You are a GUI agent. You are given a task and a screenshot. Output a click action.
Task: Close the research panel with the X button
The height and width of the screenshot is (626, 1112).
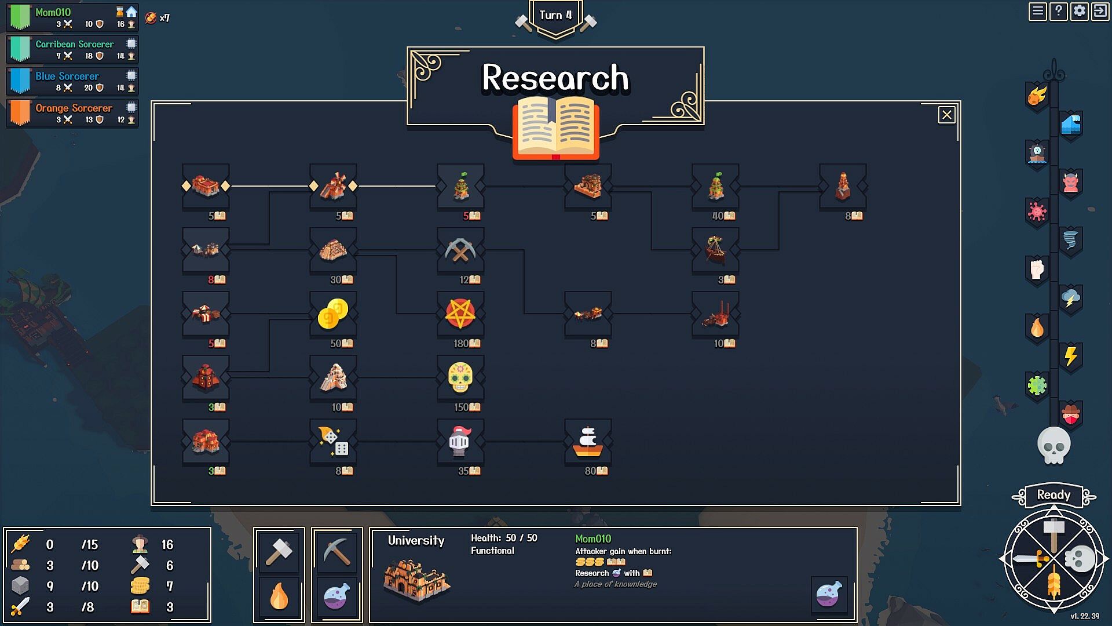coord(947,115)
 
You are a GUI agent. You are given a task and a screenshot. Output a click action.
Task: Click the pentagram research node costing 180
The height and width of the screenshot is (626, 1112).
coord(460,313)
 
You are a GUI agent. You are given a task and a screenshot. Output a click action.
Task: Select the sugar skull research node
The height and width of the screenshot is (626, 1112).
coord(460,377)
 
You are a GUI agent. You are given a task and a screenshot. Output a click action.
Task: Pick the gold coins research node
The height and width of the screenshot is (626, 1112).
coord(333,314)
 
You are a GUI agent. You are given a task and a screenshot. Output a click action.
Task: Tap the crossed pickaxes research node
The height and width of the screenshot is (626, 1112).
coord(460,250)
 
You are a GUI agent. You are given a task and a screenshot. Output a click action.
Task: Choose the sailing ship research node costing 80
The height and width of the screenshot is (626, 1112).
coord(588,442)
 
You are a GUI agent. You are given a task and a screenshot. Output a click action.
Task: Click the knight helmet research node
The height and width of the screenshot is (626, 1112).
coord(460,441)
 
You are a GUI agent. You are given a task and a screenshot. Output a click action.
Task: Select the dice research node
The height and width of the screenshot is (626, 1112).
coord(333,441)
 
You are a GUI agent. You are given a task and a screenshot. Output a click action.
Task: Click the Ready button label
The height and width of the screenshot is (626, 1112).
coord(1054,495)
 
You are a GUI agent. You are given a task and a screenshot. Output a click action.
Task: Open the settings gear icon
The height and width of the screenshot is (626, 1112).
coord(1079,12)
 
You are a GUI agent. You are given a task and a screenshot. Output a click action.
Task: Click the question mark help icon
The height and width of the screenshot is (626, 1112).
coord(1058,12)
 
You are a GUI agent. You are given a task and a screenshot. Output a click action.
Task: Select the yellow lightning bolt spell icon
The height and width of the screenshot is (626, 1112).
coord(1070,355)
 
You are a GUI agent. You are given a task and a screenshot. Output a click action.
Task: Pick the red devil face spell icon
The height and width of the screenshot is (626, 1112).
coord(1070,183)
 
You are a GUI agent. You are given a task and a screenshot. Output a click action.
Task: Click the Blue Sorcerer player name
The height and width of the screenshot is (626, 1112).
coord(67,76)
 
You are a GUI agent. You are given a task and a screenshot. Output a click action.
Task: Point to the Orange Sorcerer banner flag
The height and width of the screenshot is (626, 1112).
coord(20,113)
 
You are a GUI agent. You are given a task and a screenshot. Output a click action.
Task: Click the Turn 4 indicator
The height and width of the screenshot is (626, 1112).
coord(555,15)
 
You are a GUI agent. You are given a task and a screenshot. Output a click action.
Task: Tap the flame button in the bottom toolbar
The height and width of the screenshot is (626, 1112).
coord(279,597)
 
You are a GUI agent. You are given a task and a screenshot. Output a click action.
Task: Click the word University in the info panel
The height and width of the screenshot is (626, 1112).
coord(416,541)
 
